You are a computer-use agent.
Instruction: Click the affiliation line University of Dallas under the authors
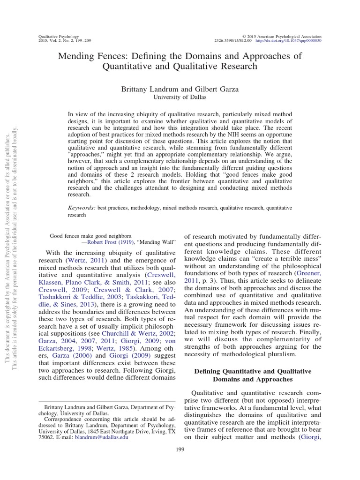tap(180, 97)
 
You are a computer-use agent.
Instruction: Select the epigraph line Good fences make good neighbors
tap(91, 236)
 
